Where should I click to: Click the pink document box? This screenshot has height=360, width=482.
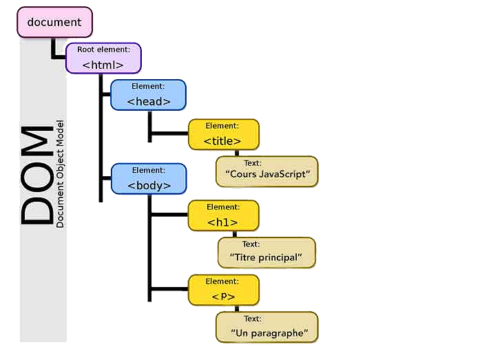point(54,23)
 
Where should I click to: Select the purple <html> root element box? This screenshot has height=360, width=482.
point(103,58)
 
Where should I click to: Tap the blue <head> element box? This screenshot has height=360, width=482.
point(149,94)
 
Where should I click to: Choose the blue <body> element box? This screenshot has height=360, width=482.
point(149,178)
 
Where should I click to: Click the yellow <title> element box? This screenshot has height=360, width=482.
point(224,134)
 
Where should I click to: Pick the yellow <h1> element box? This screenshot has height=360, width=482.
point(224,215)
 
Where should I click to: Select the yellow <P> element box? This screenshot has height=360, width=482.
point(224,290)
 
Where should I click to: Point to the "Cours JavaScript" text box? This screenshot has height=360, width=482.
point(268,171)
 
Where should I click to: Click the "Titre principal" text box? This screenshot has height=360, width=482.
point(266,252)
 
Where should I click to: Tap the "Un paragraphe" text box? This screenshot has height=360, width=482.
point(267,327)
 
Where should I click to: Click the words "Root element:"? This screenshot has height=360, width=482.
point(103,50)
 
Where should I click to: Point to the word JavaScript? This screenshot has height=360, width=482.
point(285,174)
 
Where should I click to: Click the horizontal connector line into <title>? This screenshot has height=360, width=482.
point(169,134)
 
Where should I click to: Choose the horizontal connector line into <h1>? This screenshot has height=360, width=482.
point(169,215)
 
